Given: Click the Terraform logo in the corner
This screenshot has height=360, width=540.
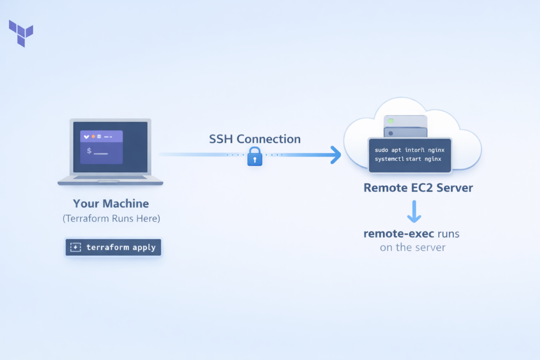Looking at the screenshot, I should tap(21, 33).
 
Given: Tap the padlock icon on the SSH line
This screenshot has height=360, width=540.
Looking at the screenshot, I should tap(255, 157).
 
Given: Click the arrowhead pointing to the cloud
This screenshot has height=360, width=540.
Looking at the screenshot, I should tap(334, 154).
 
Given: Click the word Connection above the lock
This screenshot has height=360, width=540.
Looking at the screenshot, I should tap(268, 139).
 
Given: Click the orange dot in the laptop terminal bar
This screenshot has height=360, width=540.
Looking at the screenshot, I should tap(94, 137).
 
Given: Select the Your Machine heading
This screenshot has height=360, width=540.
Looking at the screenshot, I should tap(111, 203).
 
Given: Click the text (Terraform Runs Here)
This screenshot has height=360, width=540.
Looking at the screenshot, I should tap(111, 219).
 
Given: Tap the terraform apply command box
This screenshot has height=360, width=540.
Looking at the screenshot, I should tap(113, 247).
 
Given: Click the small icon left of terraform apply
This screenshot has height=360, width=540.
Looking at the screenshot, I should tap(75, 247).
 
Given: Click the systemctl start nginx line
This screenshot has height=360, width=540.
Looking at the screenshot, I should tap(408, 159).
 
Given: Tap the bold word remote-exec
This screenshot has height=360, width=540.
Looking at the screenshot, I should tap(395, 233).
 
